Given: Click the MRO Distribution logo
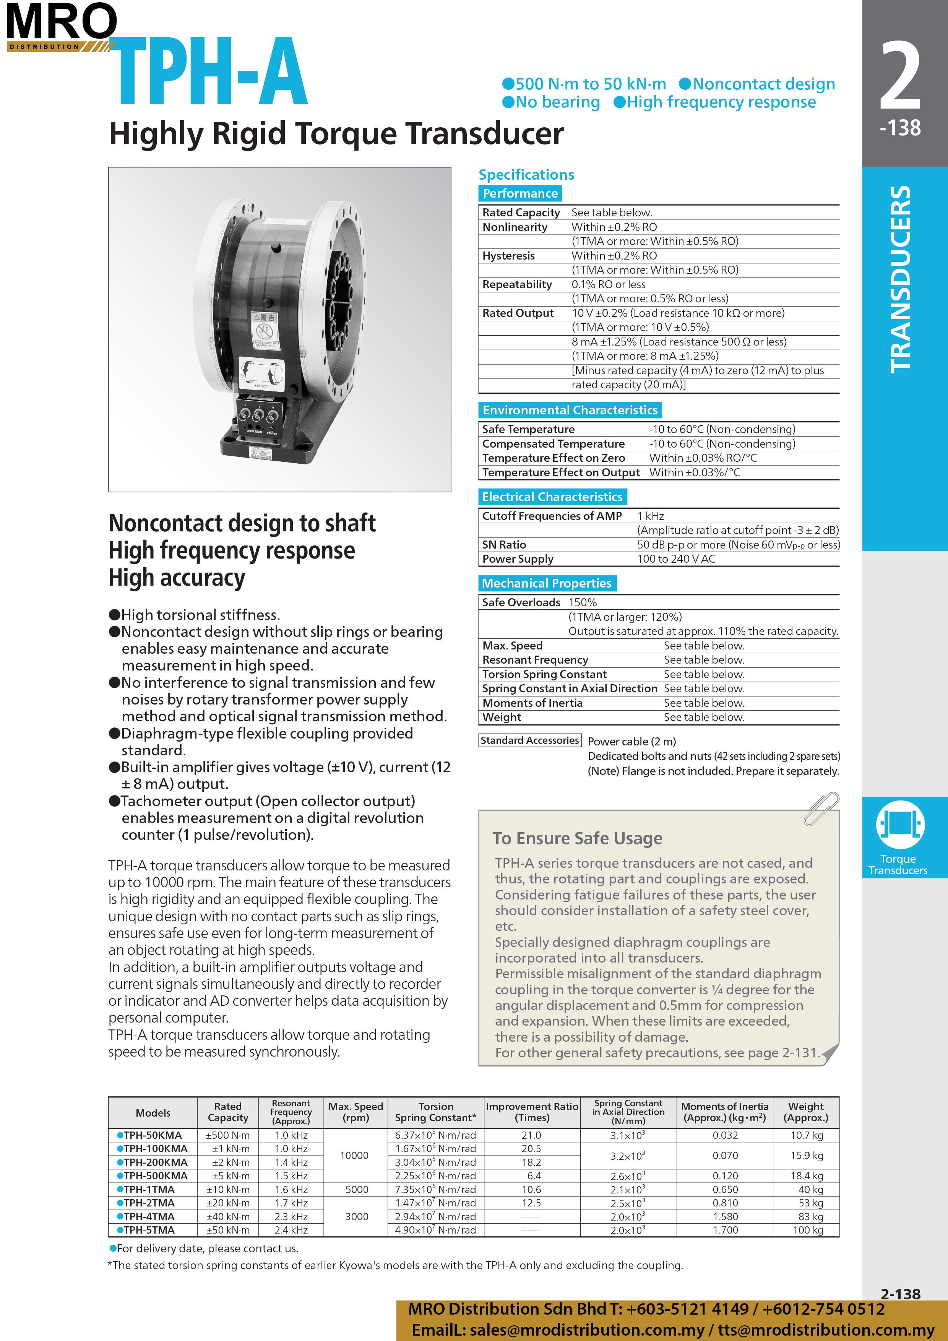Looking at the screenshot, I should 61,26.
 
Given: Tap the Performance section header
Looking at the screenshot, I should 520,193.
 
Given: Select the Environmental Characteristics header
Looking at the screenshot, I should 570,410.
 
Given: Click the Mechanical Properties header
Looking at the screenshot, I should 547,583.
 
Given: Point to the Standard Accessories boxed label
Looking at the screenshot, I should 529,740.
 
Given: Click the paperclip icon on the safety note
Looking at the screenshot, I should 821,809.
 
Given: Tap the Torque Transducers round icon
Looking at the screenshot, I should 899,824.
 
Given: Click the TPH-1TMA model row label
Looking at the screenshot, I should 149,1189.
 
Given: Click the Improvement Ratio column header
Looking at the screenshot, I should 532,1112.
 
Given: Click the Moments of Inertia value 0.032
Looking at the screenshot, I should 725,1135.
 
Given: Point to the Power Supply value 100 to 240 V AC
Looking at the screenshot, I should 676,559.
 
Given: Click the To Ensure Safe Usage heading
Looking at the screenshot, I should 577,838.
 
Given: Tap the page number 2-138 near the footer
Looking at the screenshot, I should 900,1294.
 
